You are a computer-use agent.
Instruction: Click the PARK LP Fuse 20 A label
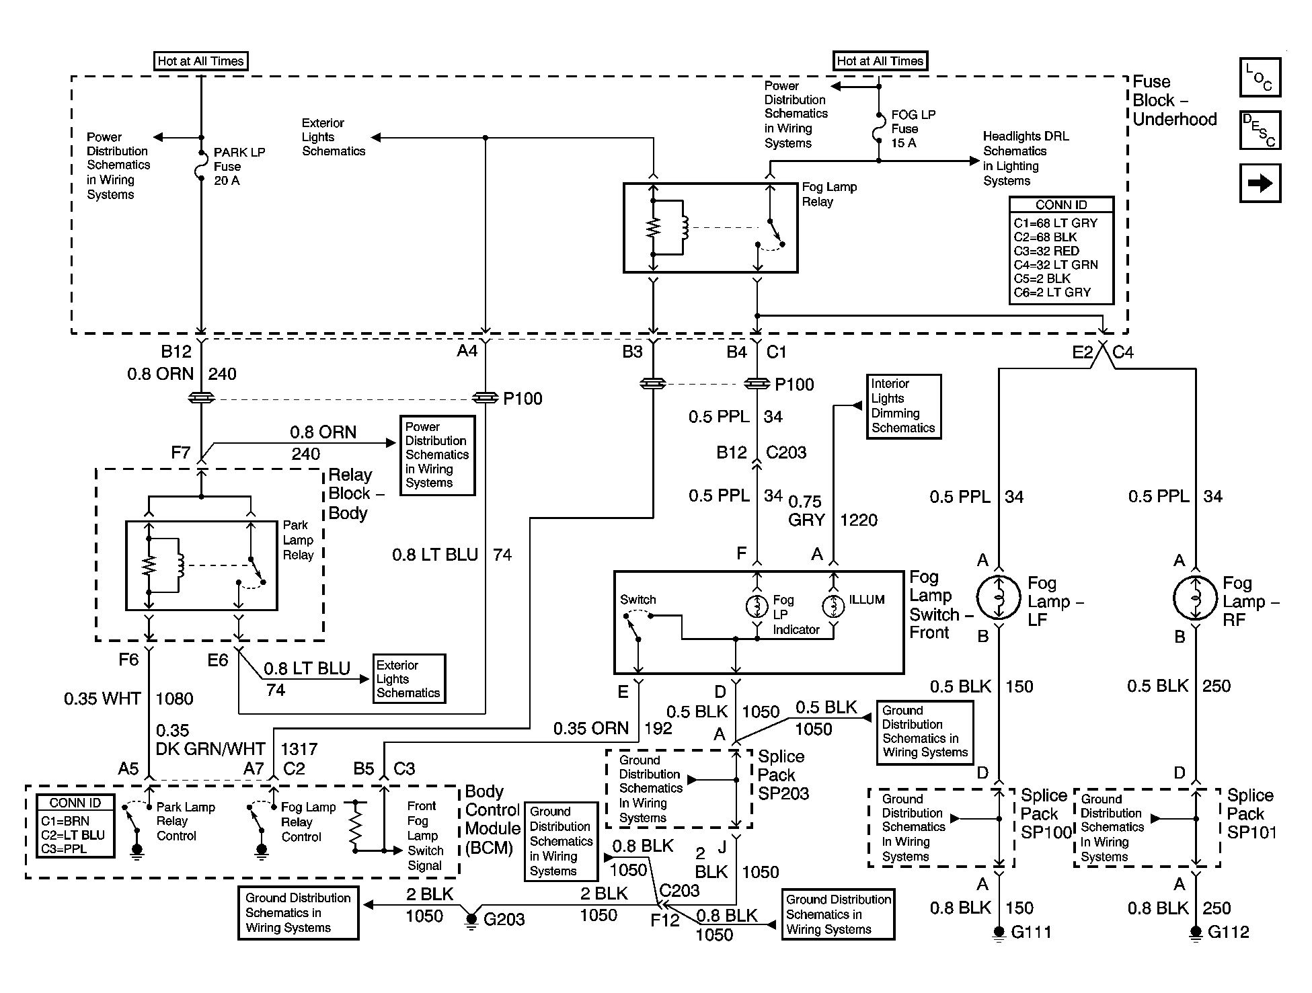(239, 166)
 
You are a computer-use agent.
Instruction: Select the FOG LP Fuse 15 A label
(913, 128)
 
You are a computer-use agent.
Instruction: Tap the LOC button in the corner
(1260, 77)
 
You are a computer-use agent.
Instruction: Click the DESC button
(1260, 130)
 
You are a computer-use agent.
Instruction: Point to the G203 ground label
(504, 919)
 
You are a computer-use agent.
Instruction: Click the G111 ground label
(1031, 932)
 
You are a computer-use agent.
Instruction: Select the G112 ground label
(1229, 932)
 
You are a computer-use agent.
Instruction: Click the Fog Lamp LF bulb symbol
(999, 597)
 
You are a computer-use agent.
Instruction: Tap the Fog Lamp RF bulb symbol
(1195, 597)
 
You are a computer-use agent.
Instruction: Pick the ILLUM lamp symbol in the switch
(833, 606)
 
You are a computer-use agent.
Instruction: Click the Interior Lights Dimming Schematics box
(903, 406)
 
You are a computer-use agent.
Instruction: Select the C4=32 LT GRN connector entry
(1056, 265)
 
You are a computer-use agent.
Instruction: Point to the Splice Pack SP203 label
(783, 774)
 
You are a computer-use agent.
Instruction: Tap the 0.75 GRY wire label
(806, 511)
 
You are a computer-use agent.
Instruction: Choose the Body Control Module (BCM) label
(493, 820)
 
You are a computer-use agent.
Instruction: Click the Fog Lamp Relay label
(829, 194)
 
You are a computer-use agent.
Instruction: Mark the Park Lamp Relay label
(298, 540)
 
